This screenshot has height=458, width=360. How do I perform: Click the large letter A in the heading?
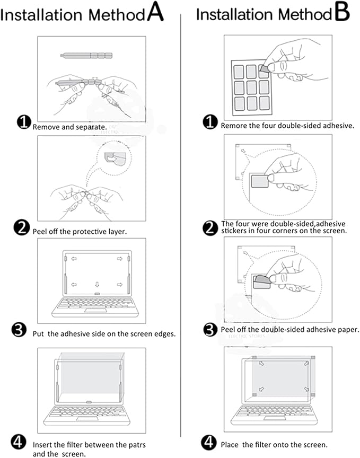coord(155,13)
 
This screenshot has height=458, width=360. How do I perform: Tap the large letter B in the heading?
coord(342,13)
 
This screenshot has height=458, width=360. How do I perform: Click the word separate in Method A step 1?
coord(92,127)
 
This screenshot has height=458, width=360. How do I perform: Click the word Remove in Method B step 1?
coord(233,126)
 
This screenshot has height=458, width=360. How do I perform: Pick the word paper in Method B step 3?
coord(346,330)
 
